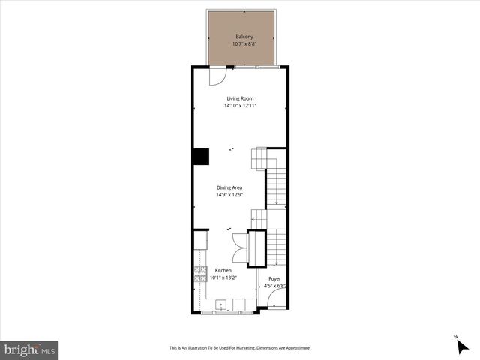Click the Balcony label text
[x=244, y=37]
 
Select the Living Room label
[x=240, y=98]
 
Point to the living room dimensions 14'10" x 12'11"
[x=240, y=106]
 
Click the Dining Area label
[x=229, y=187]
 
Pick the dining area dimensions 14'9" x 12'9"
[x=229, y=195]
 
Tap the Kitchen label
[x=223, y=270]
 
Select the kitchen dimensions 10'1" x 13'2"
[x=223, y=277]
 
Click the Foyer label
[x=274, y=277]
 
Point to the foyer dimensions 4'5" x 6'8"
[x=274, y=285]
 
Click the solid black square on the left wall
[x=201, y=156]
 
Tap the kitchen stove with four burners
[x=201, y=274]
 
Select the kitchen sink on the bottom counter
[x=222, y=304]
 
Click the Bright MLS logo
[x=30, y=349]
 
